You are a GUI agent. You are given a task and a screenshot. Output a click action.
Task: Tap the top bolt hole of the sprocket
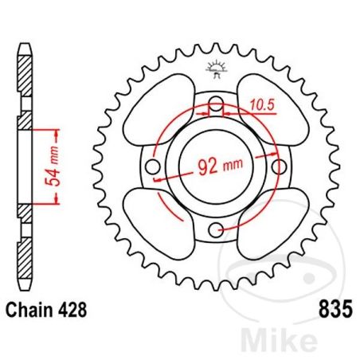216,104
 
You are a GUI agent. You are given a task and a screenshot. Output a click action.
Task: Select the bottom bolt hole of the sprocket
216,231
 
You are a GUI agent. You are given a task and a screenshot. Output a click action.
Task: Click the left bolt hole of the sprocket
152,168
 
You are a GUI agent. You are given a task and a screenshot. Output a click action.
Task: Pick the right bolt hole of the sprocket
279,168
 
